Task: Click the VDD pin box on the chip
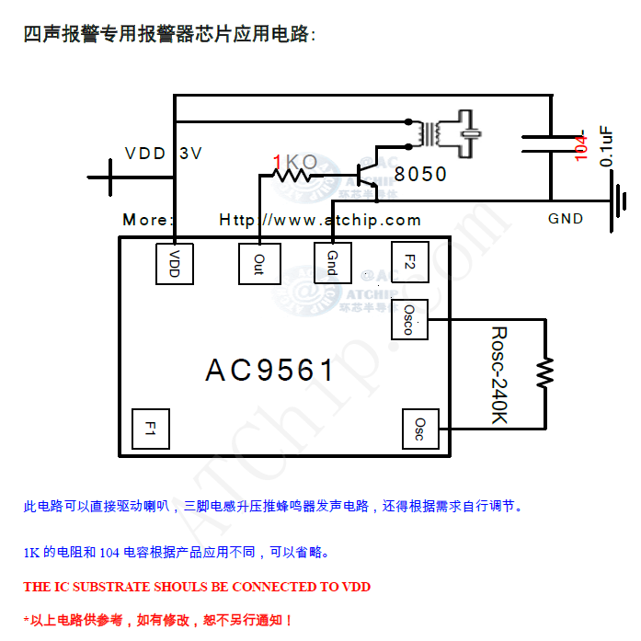coord(174,264)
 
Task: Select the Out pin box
coord(258,264)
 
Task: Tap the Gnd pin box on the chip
coord(332,264)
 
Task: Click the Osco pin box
coord(409,319)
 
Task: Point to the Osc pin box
coord(419,429)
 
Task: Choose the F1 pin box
coord(150,429)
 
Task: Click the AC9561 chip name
coord(270,371)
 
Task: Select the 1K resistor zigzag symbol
coord(295,173)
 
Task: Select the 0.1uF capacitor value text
coord(607,145)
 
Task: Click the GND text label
coord(566,219)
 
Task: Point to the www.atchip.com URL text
coord(320,220)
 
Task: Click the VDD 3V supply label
coord(163,154)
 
